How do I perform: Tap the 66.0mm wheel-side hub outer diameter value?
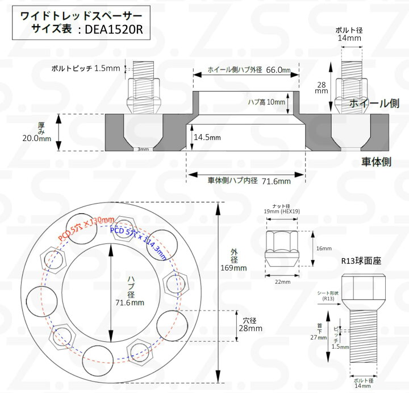point(278,71)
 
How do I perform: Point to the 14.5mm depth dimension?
point(207,137)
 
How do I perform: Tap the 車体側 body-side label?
point(376,162)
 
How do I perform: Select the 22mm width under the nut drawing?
point(282,282)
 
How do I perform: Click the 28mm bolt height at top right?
point(322,86)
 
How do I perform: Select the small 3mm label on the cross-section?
point(142,150)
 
